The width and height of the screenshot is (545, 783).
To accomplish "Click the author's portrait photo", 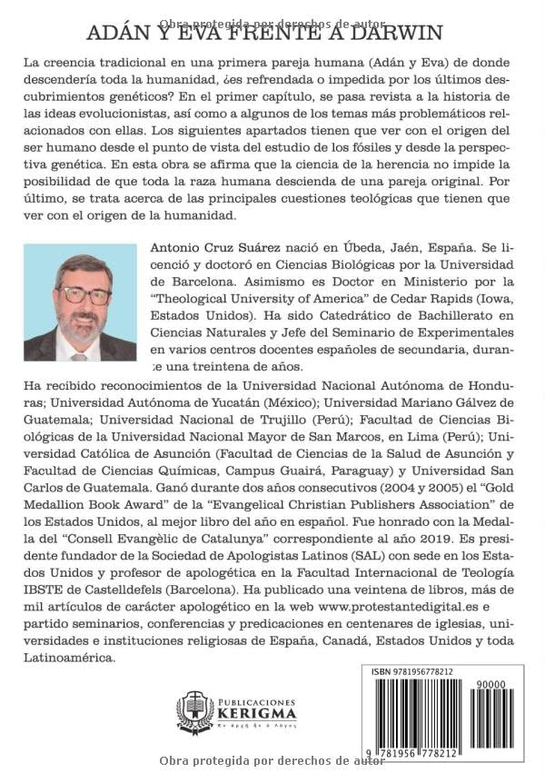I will pyautogui.click(x=80, y=302).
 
